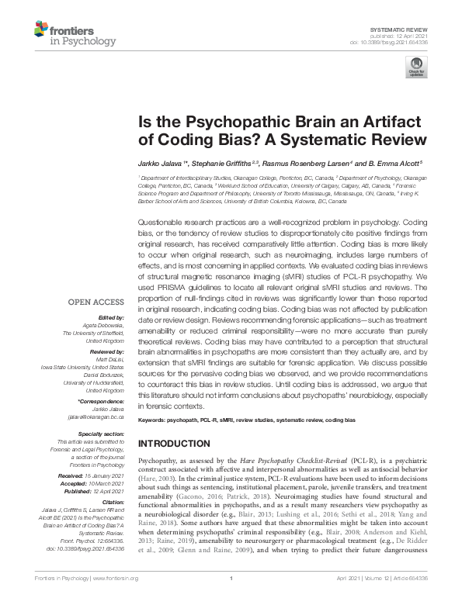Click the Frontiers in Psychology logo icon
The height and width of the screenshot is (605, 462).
[x=40, y=30]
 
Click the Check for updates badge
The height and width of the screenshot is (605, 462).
[x=418, y=68]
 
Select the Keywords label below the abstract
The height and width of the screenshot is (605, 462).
[x=155, y=419]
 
